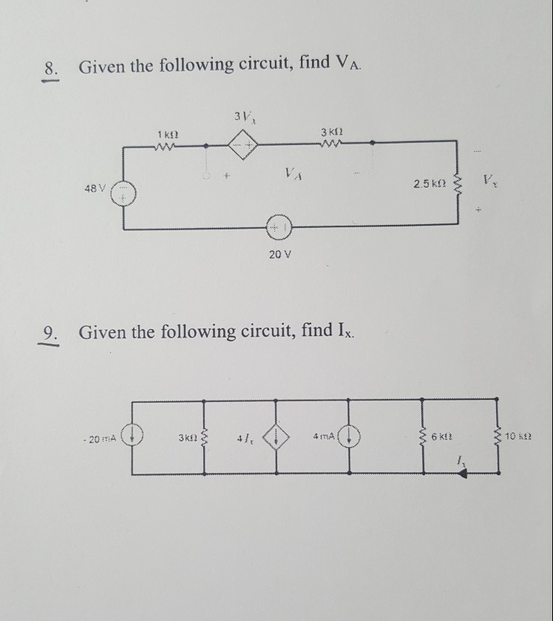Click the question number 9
coord(50,332)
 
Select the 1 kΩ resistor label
coord(166,133)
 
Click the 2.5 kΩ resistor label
coord(430,183)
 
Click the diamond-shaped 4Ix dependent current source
coord(278,435)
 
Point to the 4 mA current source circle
coord(352,435)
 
